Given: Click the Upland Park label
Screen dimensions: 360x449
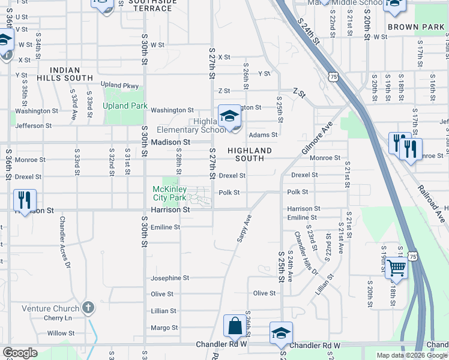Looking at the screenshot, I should pyautogui.click(x=125, y=106).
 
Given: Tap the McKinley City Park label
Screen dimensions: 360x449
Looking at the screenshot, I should pyautogui.click(x=169, y=193).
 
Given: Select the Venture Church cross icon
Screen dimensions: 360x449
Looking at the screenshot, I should pyautogui.click(x=88, y=308).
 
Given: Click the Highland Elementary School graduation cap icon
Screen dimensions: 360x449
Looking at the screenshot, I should pyautogui.click(x=229, y=115).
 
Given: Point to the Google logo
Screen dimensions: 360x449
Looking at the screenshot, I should pyautogui.click(x=20, y=353).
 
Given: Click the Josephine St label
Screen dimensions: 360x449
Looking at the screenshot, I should pyautogui.click(x=170, y=278).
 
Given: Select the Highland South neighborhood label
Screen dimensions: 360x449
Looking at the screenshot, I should pyautogui.click(x=249, y=154).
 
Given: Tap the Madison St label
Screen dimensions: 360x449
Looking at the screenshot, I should pyautogui.click(x=170, y=142).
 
